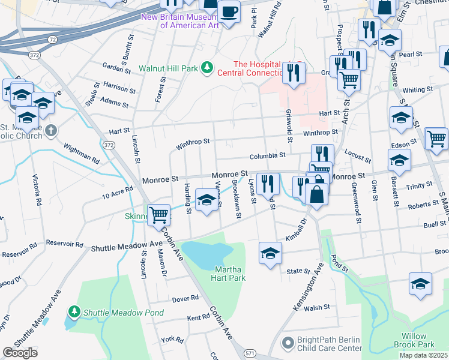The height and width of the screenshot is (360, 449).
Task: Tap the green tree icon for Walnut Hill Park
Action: tap(207, 67)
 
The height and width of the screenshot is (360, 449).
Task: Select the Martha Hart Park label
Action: tap(229, 274)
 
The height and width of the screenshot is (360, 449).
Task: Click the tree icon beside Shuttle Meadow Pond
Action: tap(74, 312)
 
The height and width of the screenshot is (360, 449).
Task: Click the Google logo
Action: tap(20, 353)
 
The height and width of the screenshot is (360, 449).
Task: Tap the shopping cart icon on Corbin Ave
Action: tap(159, 214)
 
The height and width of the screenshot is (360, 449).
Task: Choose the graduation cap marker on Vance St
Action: tap(206, 200)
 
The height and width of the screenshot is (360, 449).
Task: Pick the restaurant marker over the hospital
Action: tap(294, 73)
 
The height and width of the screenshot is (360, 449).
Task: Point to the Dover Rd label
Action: tap(185, 298)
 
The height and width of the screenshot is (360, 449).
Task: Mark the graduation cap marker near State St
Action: tap(271, 253)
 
